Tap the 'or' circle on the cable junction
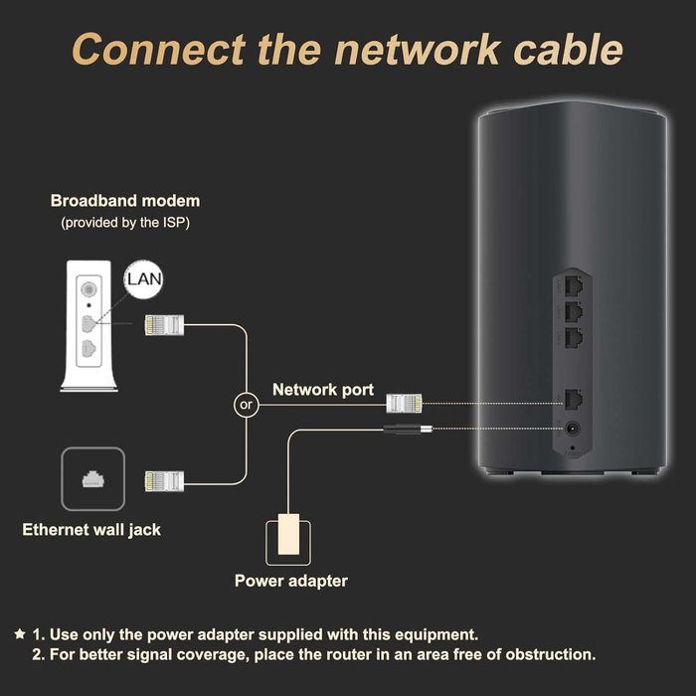pos(244,405)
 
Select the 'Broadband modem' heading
pos(125,201)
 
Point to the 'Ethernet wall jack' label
pos(91,530)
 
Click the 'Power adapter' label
pos(291,581)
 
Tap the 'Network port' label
pos(323,390)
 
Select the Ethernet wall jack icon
pos(92,479)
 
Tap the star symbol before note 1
pos(20,633)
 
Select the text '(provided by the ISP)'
pos(125,223)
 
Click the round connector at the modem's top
pos(91,281)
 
